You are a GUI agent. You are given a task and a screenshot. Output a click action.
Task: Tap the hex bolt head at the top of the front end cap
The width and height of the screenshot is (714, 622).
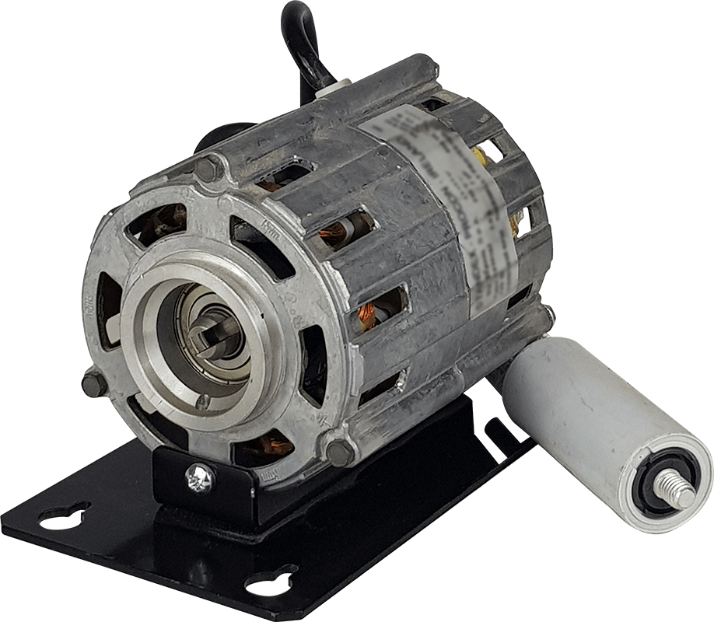pos(208,167)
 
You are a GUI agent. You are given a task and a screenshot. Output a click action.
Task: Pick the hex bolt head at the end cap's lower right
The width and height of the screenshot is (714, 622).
pos(340,450)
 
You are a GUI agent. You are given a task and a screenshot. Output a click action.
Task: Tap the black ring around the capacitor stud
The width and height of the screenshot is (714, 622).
pos(663,482)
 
